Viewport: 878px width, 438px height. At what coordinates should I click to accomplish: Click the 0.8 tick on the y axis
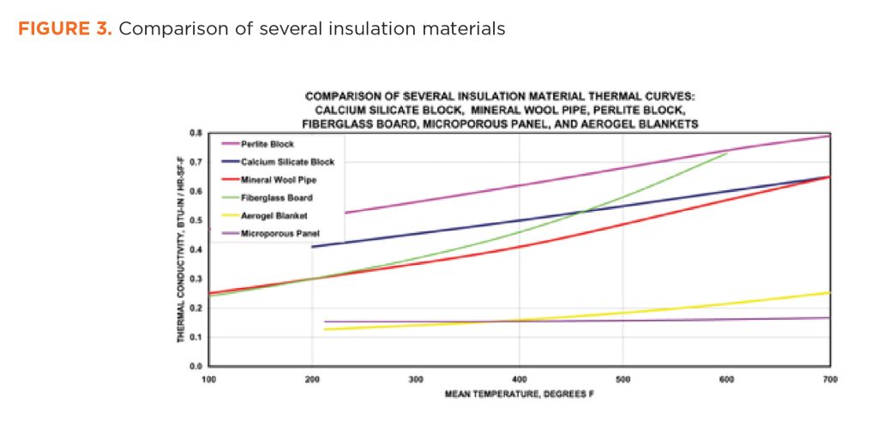click(x=195, y=134)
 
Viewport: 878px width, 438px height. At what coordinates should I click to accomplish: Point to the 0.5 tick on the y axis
click(x=195, y=221)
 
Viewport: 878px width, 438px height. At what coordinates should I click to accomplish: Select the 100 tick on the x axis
click(x=207, y=378)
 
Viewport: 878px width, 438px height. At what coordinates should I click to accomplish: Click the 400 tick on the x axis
click(x=519, y=378)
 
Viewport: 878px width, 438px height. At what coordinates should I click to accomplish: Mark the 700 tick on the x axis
click(x=829, y=378)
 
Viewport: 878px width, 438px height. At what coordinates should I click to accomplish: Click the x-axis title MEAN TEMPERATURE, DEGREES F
click(x=519, y=395)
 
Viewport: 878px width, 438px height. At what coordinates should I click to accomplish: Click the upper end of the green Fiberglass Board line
click(x=727, y=153)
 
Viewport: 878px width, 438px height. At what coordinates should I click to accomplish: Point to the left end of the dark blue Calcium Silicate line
click(x=312, y=247)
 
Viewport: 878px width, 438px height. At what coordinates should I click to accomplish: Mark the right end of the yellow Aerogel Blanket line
click(x=829, y=293)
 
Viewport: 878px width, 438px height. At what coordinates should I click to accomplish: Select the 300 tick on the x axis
click(x=416, y=378)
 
